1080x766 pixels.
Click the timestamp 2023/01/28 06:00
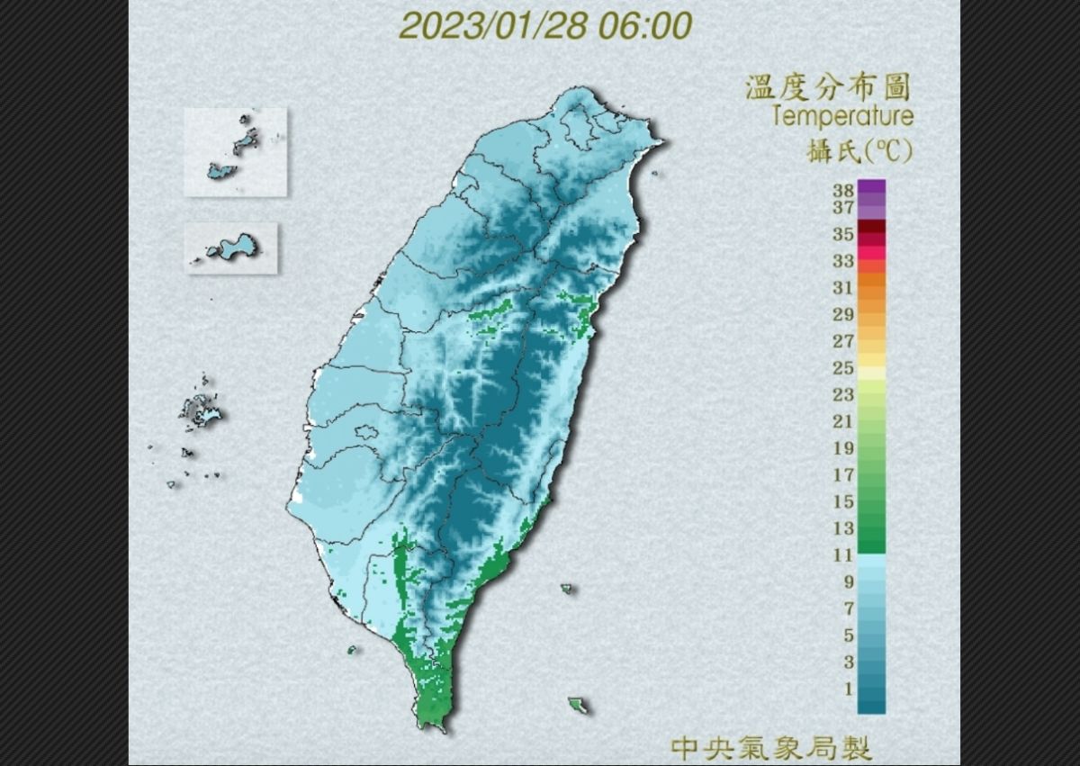tap(545, 26)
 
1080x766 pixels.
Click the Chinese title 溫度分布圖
tap(827, 88)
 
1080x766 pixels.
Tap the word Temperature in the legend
tap(841, 116)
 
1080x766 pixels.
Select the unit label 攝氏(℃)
tap(859, 151)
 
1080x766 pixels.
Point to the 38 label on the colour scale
tap(842, 191)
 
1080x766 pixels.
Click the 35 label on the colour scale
tap(842, 234)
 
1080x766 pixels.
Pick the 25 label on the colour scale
tap(842, 367)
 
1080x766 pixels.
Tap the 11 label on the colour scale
tap(842, 554)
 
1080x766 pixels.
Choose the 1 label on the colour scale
tap(846, 689)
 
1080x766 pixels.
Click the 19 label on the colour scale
tap(842, 448)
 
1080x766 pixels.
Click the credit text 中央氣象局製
tap(771, 746)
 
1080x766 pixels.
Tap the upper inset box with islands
tap(236, 151)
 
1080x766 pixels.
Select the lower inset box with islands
tap(231, 248)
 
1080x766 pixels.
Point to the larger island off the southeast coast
tap(578, 704)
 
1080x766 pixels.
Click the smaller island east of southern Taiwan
tap(567, 589)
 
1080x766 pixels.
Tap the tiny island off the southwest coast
tap(351, 649)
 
